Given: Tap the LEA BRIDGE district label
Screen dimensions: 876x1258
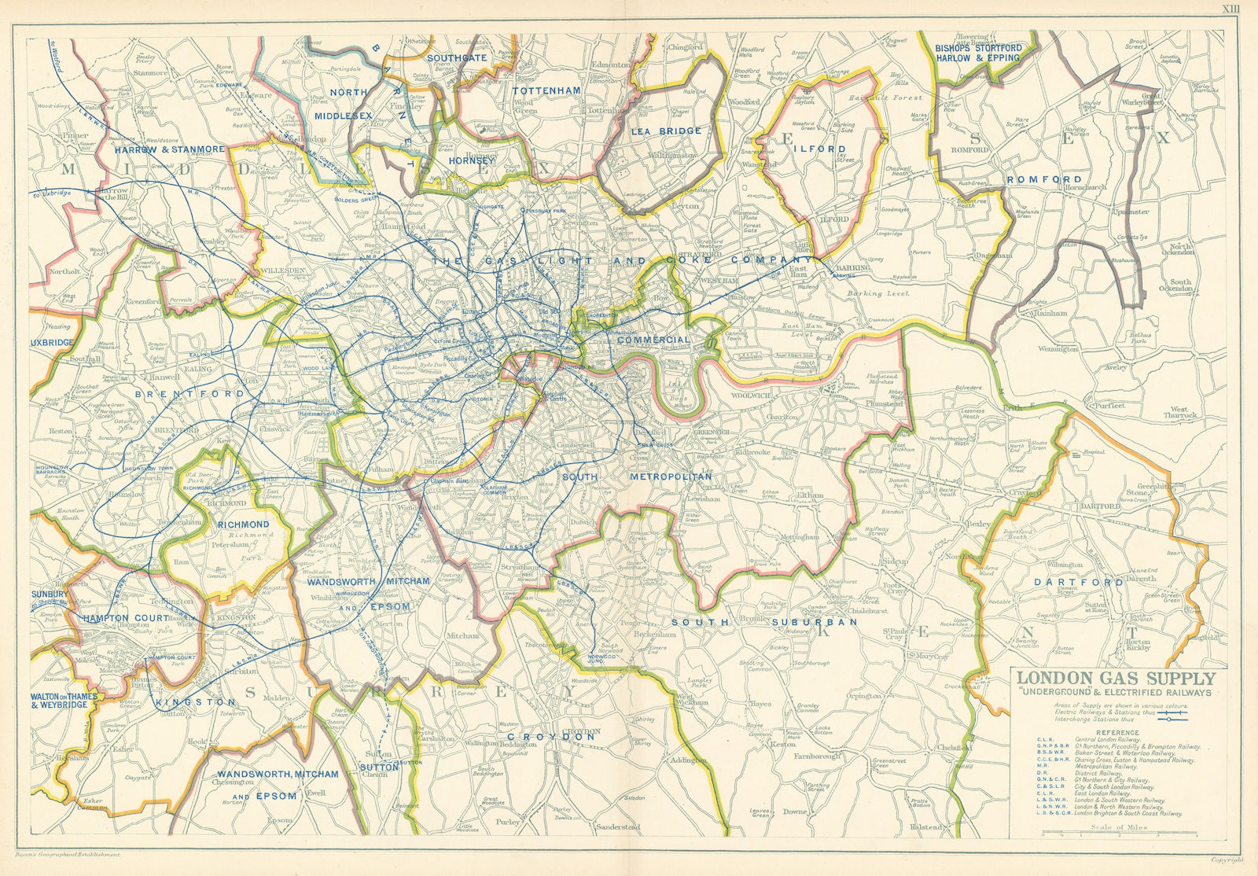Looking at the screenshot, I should (x=665, y=131).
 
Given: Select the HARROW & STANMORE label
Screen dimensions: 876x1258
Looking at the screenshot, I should (x=169, y=148).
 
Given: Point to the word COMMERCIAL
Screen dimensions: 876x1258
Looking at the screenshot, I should (x=653, y=340).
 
